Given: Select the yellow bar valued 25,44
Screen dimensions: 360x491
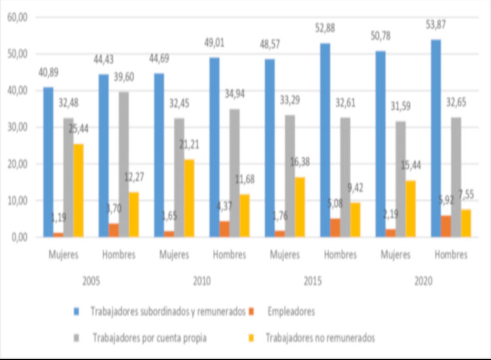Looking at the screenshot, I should coord(78,190).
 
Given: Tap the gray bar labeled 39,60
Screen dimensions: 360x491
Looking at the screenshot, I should coord(124,164).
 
